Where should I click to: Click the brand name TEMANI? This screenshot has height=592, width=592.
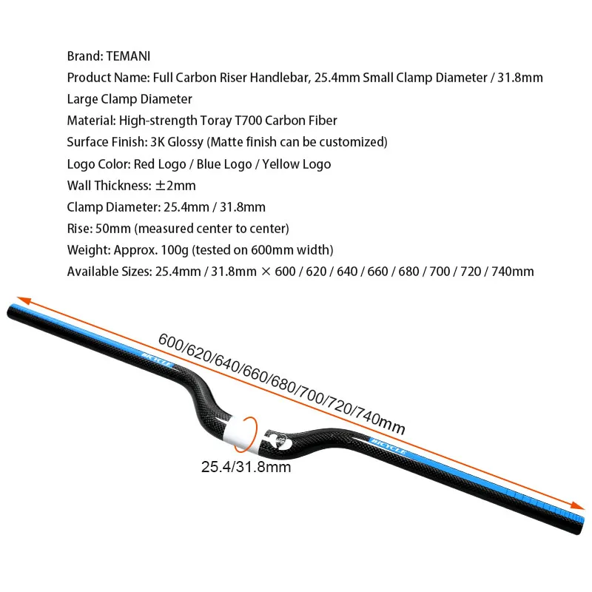128,56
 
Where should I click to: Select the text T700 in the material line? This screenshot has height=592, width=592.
248,121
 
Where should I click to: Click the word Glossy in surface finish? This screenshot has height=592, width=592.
186,142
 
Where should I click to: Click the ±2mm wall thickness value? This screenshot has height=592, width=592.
175,186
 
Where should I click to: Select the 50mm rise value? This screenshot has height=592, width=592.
113,229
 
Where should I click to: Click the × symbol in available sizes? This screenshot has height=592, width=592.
266,272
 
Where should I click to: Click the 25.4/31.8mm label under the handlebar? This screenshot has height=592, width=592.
246,467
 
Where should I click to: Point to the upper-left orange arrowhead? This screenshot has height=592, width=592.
24,300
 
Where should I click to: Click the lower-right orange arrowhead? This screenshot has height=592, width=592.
577,505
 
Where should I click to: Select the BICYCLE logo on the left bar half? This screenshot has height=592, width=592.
158,360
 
